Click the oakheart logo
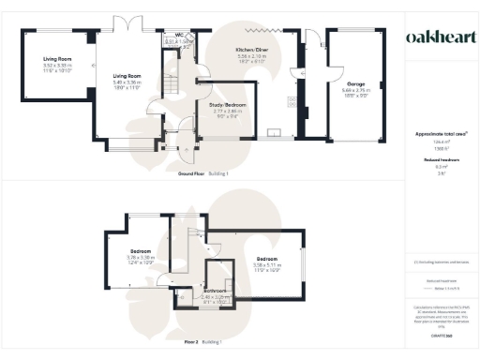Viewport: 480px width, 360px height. [x=438, y=37]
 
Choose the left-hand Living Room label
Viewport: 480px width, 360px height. [x=57, y=58]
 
